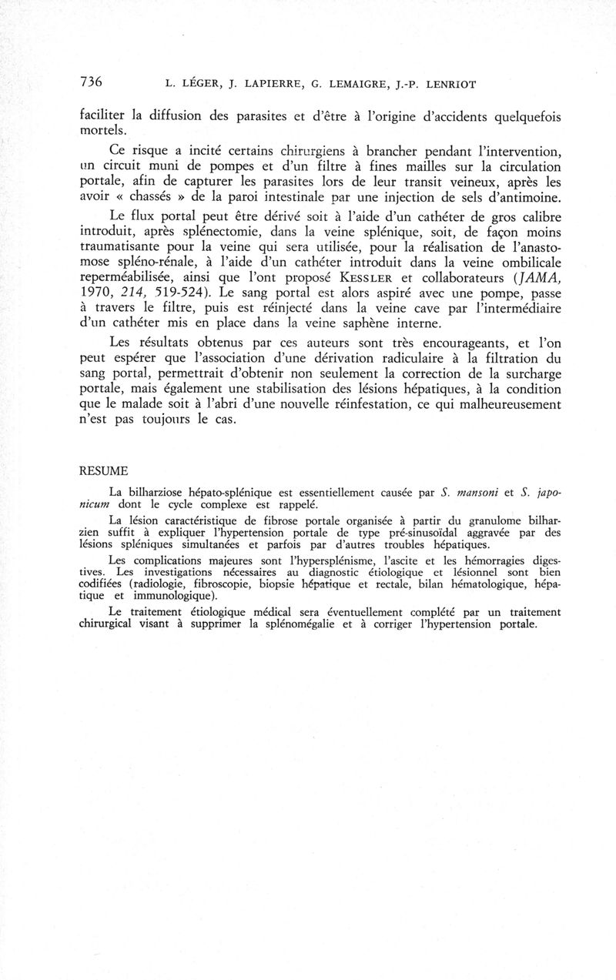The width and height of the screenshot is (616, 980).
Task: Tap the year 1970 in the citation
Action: (x=98, y=293)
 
